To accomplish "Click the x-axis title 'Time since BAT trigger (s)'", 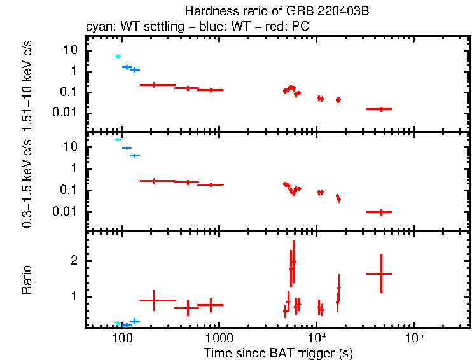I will [278, 352].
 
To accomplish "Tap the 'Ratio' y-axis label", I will [27, 279].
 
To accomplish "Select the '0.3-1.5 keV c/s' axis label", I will [27, 181].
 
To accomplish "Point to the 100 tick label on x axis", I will [121, 336].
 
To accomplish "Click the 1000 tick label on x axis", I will [219, 336].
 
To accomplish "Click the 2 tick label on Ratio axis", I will [74, 261].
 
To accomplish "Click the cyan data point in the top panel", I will [118, 57].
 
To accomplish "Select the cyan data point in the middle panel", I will [118, 139].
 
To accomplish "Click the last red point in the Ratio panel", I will [380, 273].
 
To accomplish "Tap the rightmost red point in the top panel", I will [380, 109].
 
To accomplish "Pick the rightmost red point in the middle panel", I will [380, 212].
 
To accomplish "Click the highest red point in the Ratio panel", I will [293, 261].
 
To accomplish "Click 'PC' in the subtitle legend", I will [302, 27].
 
